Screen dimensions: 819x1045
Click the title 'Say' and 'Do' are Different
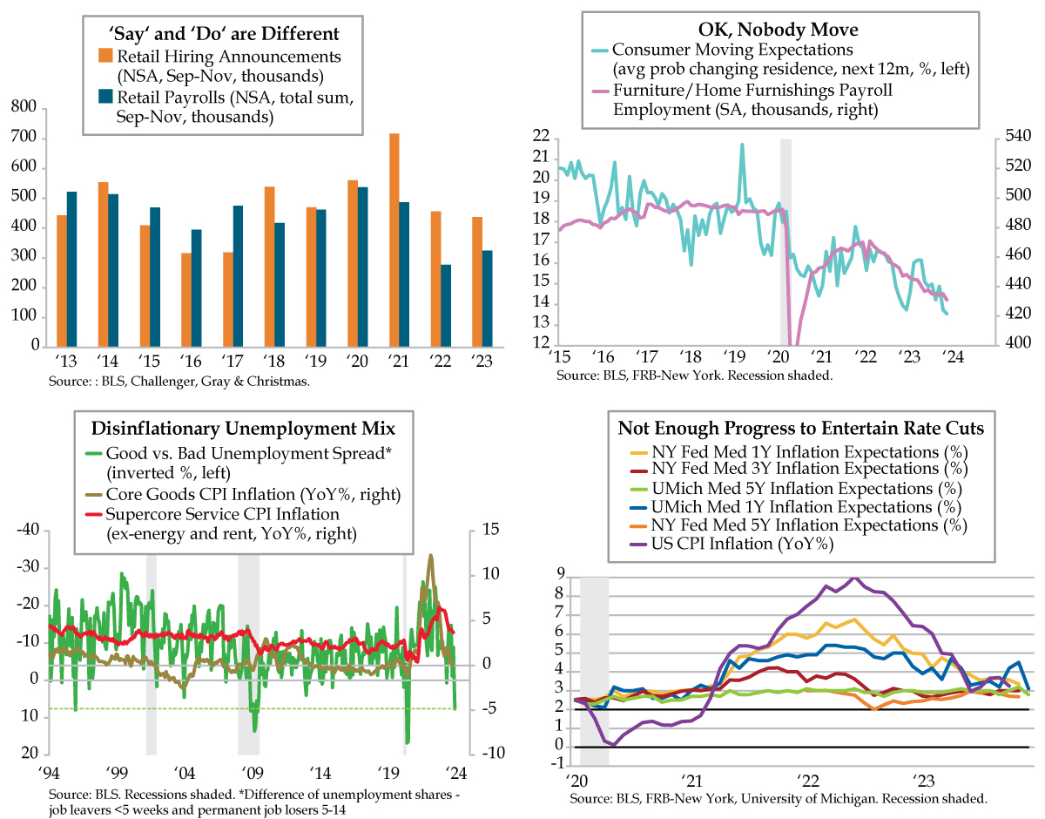click(223, 34)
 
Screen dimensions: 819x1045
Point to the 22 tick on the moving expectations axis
click(540, 137)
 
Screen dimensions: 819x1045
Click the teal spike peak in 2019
click(742, 145)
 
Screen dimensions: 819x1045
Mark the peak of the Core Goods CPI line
click(429, 555)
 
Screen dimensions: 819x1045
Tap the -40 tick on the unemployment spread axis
click(30, 531)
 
